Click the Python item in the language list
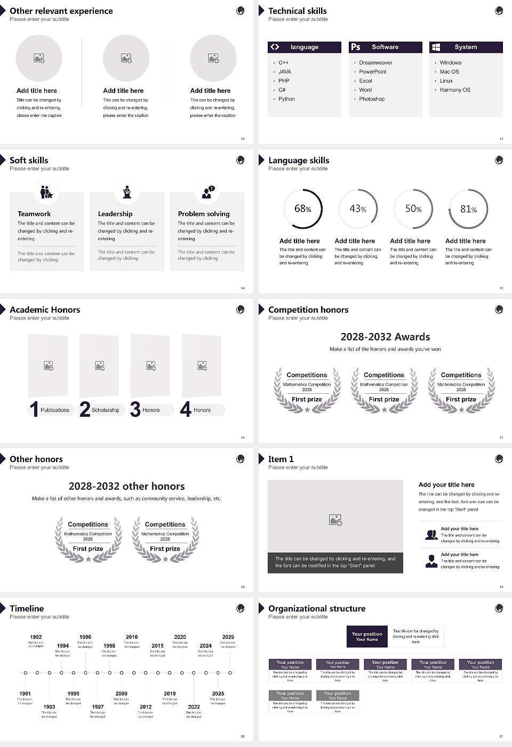tap(286, 99)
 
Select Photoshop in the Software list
tap(371, 99)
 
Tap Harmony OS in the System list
tap(454, 90)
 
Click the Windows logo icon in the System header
tap(436, 47)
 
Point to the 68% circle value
tap(302, 209)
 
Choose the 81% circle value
tap(468, 209)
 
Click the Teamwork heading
tap(34, 214)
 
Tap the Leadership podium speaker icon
tap(127, 192)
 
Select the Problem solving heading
tap(204, 214)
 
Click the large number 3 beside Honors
tap(135, 409)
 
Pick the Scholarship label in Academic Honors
tap(105, 410)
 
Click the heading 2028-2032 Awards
tap(385, 337)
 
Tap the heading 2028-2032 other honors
tap(126, 486)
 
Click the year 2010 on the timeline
tap(132, 637)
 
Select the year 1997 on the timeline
tap(98, 706)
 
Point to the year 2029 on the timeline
tap(228, 637)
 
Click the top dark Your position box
tap(367, 637)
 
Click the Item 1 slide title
tap(281, 459)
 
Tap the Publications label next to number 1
tap(54, 410)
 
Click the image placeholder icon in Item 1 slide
tap(335, 519)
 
